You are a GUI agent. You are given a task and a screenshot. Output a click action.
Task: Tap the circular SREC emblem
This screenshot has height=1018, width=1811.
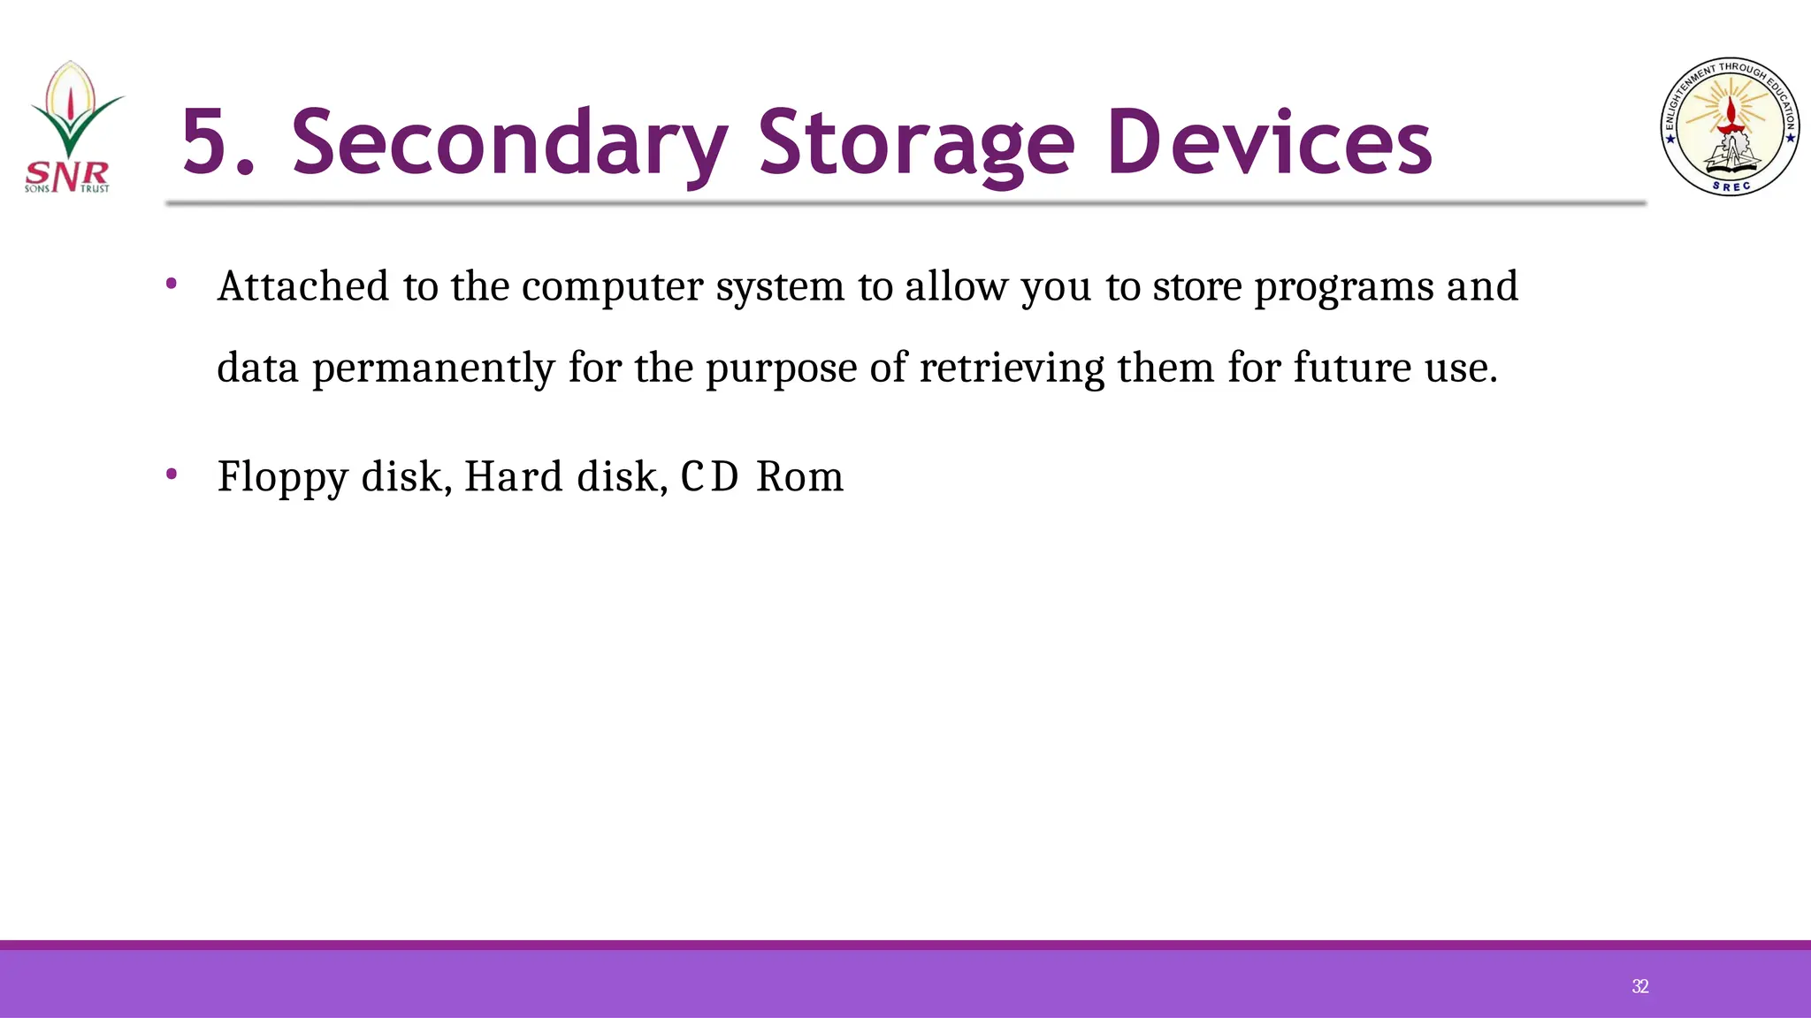(x=1731, y=126)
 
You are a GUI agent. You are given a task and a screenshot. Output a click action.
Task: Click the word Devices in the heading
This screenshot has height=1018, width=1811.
(x=1269, y=142)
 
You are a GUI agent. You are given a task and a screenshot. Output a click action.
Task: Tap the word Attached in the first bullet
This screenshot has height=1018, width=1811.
(x=302, y=286)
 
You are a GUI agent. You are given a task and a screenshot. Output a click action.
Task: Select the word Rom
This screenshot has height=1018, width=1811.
(x=800, y=477)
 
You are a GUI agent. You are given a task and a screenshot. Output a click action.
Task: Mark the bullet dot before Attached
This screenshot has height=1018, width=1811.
(x=172, y=285)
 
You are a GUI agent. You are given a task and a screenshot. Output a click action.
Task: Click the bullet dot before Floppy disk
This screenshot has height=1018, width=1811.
(x=172, y=475)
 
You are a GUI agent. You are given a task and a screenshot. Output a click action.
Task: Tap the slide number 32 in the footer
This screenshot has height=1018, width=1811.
(x=1639, y=986)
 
